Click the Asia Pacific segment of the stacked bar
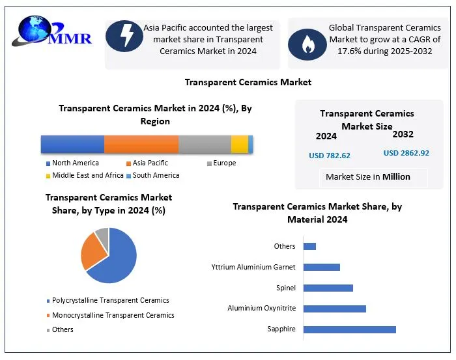coord(141,144)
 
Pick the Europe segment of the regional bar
coord(205,144)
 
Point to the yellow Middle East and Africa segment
coord(239,144)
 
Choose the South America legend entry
coord(156,175)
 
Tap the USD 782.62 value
coord(330,156)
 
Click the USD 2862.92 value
coord(406,153)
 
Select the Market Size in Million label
coord(368,176)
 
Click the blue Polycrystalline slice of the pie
coord(117,260)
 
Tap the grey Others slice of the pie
coord(102,233)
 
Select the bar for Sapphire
coord(349,329)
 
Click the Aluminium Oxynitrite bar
coord(334,308)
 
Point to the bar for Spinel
coord(328,288)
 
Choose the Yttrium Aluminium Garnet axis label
coord(253,267)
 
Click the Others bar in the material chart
coord(309,246)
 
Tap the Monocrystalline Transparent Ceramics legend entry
coord(113,315)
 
